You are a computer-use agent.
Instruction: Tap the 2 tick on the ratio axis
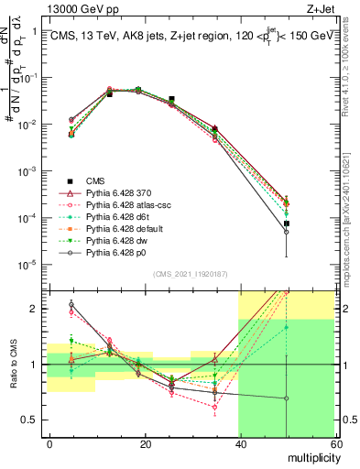[x=38, y=309]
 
